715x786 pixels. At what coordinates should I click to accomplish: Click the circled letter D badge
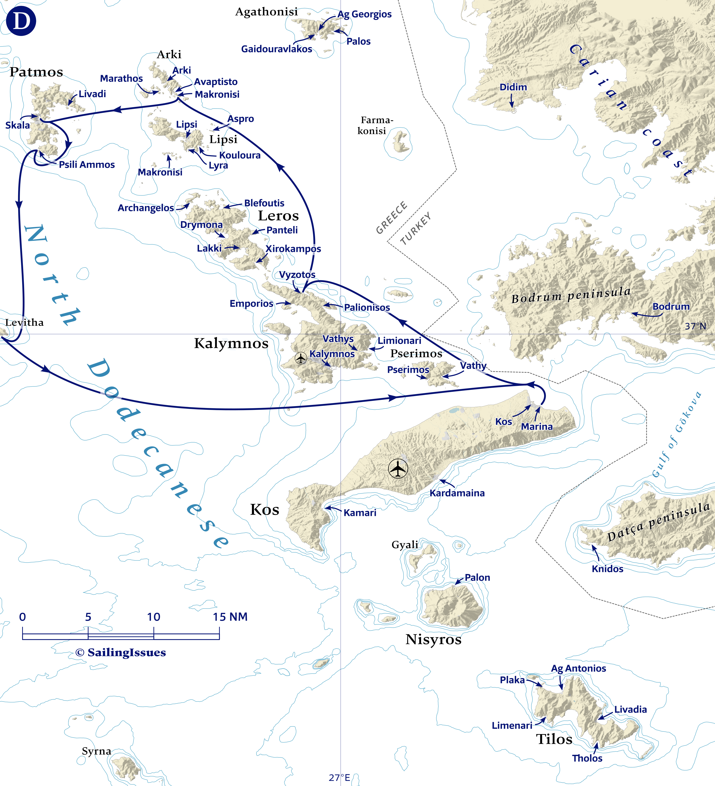point(21,21)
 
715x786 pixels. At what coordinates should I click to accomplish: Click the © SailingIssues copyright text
point(121,653)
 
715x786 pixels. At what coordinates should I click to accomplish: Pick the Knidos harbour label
point(607,569)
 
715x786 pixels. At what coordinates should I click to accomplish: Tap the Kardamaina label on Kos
point(457,493)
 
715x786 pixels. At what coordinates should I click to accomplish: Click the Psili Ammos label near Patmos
point(87,165)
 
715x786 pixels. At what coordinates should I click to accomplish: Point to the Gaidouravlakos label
point(276,49)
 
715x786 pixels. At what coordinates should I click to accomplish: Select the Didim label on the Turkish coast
point(513,87)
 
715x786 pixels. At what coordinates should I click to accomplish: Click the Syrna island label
point(96,751)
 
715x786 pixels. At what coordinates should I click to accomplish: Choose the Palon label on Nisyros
point(477,577)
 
